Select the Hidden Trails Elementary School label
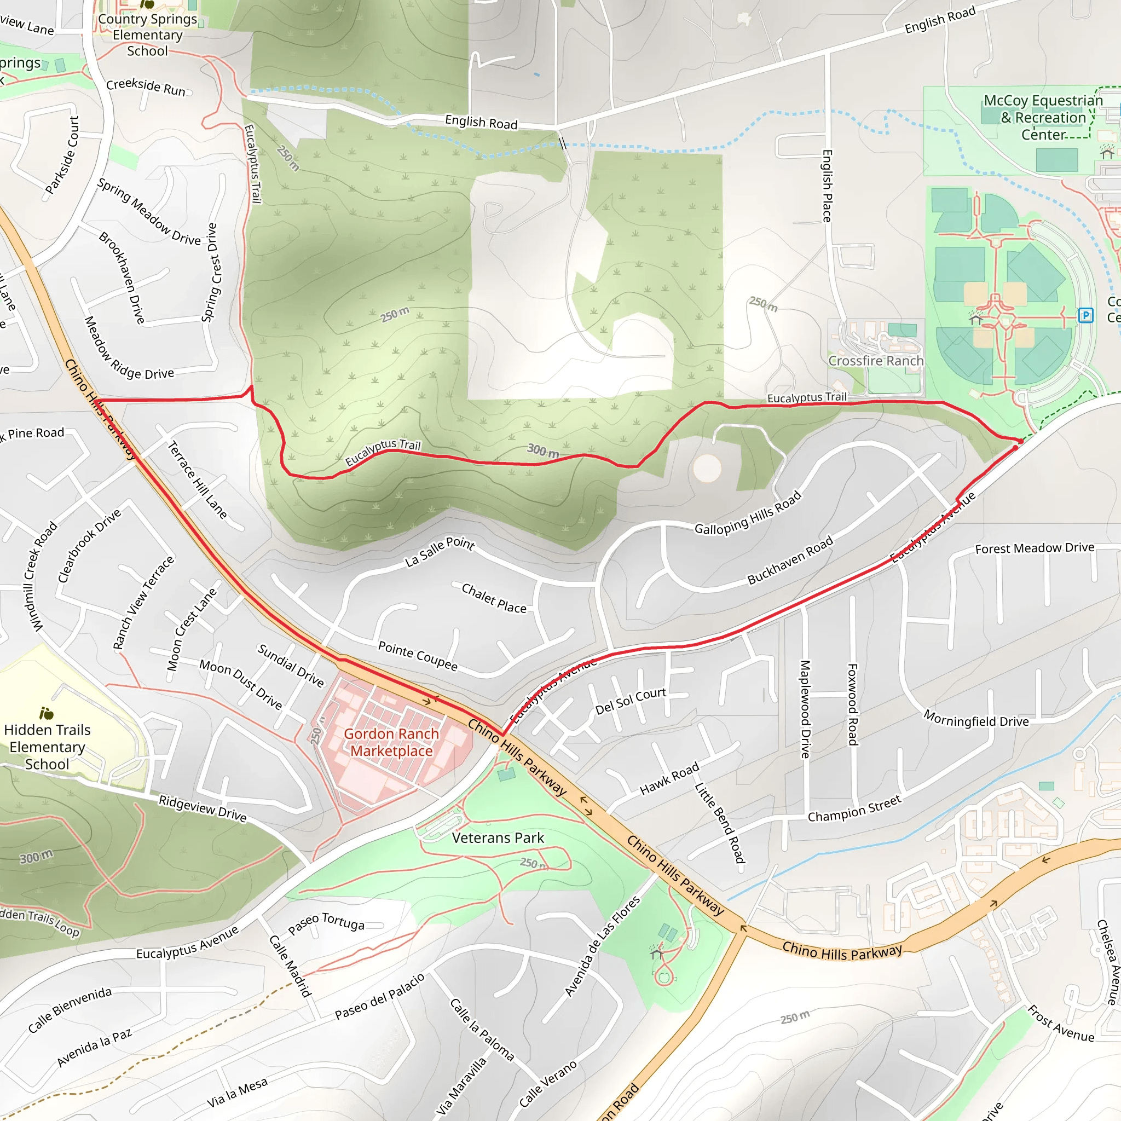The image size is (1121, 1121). [x=47, y=747]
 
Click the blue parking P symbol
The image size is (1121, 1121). [x=1085, y=316]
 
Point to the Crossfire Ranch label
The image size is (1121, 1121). [x=876, y=361]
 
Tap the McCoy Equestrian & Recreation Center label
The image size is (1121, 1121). [x=1043, y=117]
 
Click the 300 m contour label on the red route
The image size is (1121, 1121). [x=543, y=450]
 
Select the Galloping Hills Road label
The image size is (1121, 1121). [x=747, y=513]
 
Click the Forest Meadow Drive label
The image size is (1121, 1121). [x=1035, y=548]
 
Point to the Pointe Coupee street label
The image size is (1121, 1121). [x=418, y=656]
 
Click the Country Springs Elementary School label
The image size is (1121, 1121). [x=147, y=35]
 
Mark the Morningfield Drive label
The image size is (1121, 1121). [x=976, y=718]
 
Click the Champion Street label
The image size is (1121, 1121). [x=854, y=808]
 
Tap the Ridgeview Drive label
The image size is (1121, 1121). [x=203, y=808]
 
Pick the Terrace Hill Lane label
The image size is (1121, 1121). [x=197, y=480]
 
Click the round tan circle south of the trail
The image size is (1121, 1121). [x=707, y=467]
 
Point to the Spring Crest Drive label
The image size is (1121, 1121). [x=210, y=273]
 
